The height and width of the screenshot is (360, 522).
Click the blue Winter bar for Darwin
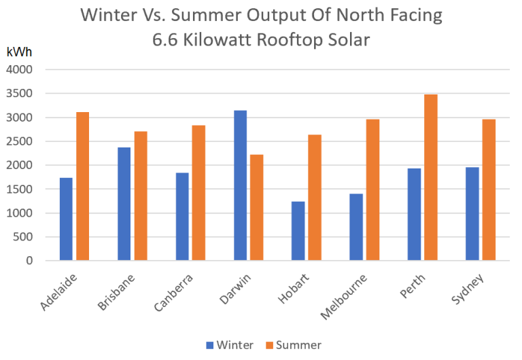240,185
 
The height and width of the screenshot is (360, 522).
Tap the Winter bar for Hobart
298,231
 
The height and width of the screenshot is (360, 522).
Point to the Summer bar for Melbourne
373,190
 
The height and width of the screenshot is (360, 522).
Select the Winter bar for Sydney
472,213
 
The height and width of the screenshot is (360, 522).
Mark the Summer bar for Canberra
198,193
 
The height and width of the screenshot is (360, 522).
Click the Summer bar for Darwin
256,207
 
